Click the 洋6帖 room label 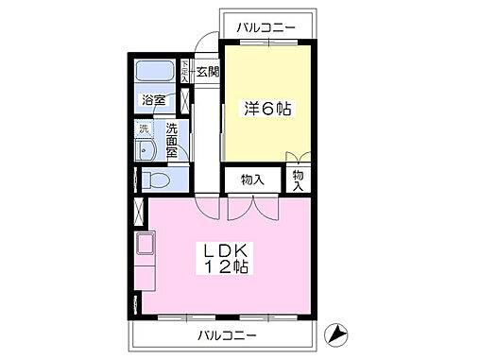(266, 110)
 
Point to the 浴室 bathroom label (153, 98)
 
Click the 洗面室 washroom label (172, 141)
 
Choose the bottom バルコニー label (225, 335)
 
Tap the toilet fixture (157, 179)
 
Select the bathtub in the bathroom (153, 72)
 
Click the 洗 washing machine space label (145, 128)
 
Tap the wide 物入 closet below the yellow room (250, 179)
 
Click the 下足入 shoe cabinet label (185, 72)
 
